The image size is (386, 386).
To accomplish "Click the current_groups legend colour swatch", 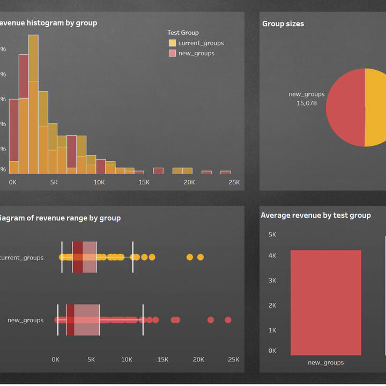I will [172, 43].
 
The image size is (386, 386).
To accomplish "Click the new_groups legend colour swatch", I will [172, 53].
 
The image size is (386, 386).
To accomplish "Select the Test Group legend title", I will [183, 33].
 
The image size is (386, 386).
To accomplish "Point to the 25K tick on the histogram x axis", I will [234, 182].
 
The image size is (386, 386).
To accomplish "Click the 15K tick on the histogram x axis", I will [144, 182].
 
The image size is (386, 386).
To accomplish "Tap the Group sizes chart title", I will [283, 24].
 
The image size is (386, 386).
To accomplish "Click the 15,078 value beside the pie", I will [307, 103].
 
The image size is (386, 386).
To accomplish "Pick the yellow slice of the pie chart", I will [375, 107].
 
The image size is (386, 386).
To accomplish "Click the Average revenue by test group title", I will [316, 216].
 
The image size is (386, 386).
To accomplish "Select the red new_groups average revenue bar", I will [326, 302].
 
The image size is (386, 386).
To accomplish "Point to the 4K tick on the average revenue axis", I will [272, 256].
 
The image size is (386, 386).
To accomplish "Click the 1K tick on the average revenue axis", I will [272, 331].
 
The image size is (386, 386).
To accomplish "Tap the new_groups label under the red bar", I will [326, 363].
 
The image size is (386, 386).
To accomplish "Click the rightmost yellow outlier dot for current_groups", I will [201, 257].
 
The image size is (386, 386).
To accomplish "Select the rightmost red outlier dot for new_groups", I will [228, 320].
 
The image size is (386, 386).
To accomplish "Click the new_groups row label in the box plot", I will [26, 320].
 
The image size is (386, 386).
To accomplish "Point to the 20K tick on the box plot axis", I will [198, 360].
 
